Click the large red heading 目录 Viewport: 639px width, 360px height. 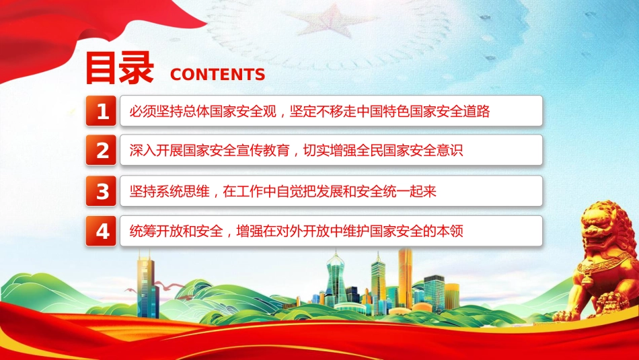click(119, 68)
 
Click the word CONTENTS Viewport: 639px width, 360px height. click(218, 75)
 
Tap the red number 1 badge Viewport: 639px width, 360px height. click(101, 111)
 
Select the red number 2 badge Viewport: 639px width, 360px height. click(101, 150)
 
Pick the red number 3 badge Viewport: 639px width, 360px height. click(101, 191)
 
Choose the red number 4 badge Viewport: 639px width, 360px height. click(101, 231)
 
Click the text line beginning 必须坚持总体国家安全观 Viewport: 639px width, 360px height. click(309, 111)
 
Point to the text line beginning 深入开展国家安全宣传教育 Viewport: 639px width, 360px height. click(296, 151)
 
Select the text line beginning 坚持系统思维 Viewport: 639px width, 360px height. click(283, 191)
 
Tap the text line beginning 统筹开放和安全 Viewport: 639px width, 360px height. click(296, 231)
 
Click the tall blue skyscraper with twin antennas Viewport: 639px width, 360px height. click(147, 285)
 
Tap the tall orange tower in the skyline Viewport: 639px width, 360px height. click(405, 278)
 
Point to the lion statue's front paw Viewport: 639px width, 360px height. click(568, 314)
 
